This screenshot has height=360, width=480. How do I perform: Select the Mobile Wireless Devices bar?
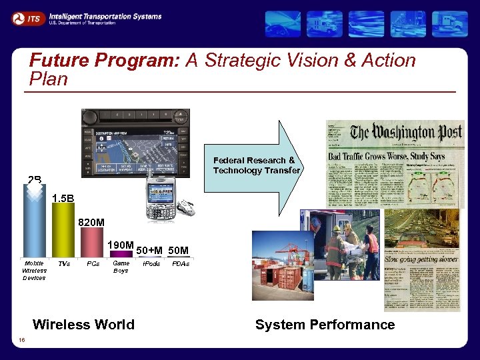(34, 220)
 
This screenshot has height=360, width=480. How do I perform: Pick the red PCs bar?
(91, 242)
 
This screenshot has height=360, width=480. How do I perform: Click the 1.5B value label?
(63, 199)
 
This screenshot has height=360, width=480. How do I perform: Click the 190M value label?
(121, 245)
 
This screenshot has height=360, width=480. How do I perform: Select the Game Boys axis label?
(121, 267)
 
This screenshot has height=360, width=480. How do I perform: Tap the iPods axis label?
(151, 264)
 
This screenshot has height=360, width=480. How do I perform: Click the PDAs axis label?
(180, 264)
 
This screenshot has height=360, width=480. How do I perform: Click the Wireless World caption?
(83, 325)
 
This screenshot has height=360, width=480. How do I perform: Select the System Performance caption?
(325, 325)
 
